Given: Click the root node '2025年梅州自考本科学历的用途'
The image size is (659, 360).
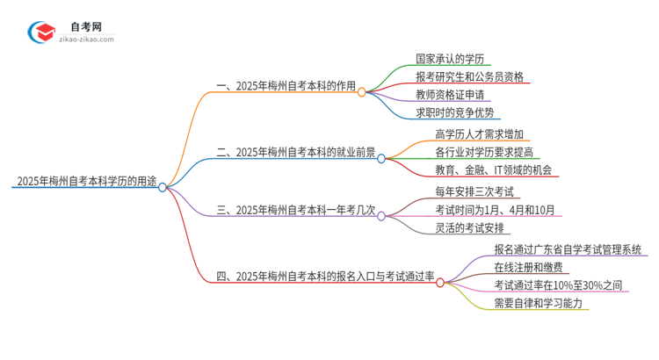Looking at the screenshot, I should point(84,183).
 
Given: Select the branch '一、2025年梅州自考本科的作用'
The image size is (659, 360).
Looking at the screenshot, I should point(286,87).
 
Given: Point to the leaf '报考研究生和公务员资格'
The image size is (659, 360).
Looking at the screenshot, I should point(469,76).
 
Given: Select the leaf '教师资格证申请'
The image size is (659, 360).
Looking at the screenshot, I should point(450,94).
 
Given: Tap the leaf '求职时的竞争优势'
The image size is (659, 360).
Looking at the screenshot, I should point(457,112).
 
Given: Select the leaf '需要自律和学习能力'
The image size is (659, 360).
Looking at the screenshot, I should point(538,303).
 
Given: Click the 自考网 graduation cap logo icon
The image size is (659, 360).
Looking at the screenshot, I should point(41,32).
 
